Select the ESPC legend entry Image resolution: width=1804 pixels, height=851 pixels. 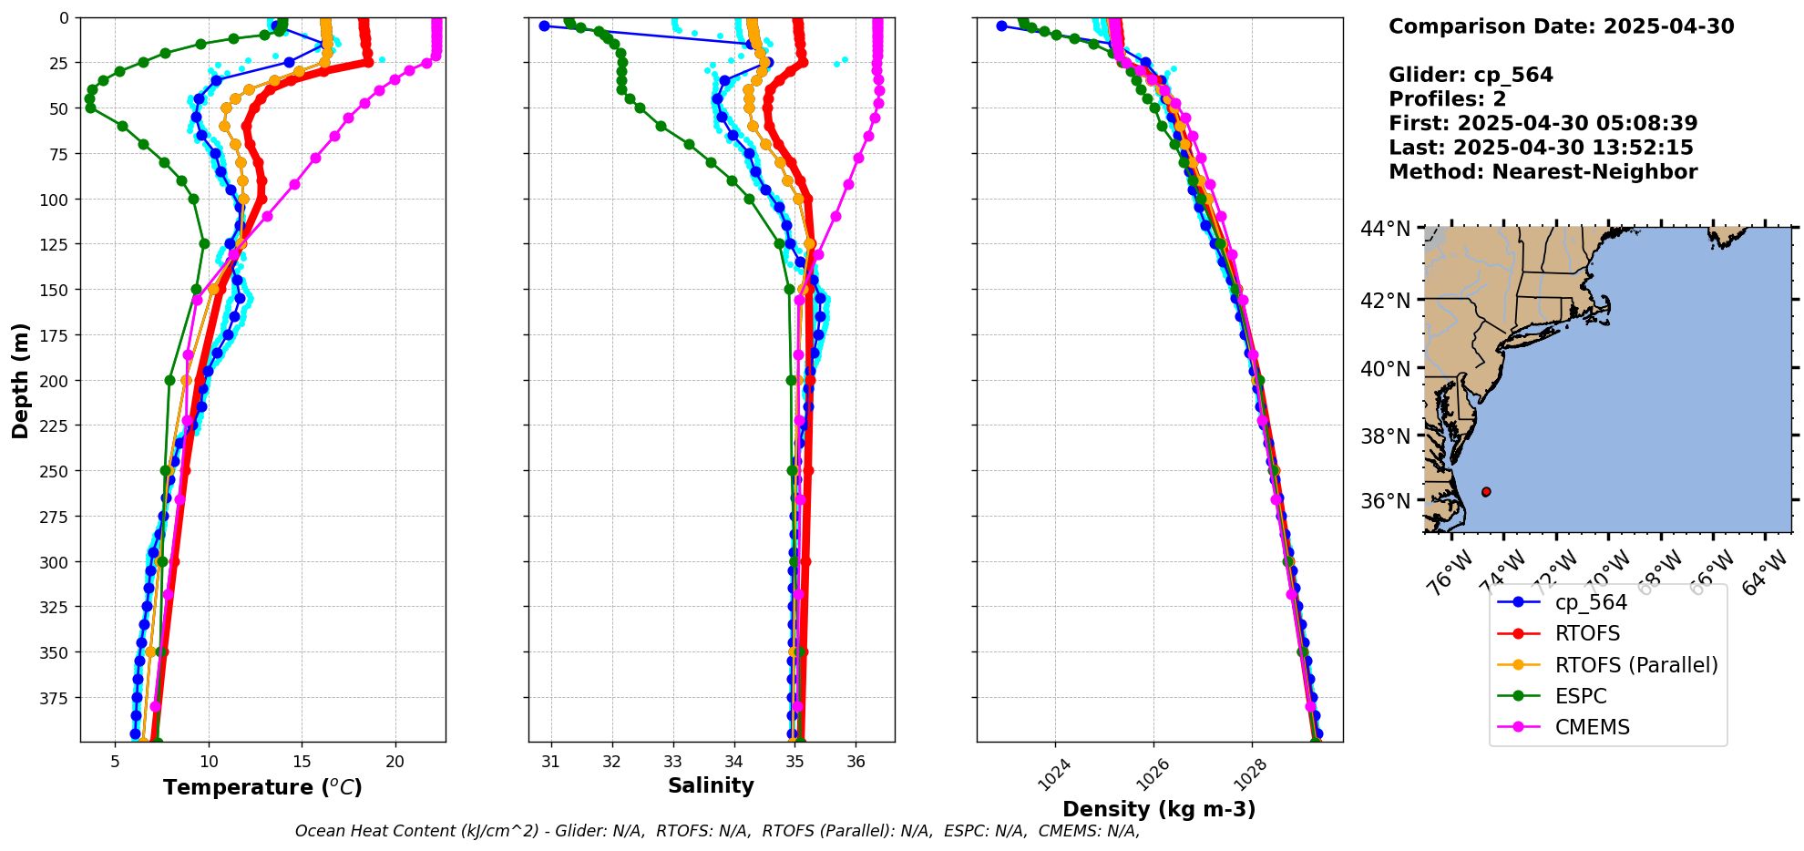[1581, 696]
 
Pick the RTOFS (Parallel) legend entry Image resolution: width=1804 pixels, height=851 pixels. [1635, 665]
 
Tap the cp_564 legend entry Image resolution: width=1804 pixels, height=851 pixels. [1590, 603]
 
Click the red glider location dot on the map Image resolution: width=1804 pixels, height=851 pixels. [1486, 492]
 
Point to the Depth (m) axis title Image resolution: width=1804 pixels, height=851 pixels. [20, 380]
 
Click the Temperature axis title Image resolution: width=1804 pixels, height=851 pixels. [262, 787]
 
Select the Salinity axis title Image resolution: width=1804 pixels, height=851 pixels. [711, 785]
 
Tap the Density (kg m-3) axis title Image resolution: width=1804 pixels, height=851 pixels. [1159, 809]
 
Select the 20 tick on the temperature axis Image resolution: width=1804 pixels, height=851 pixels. [395, 762]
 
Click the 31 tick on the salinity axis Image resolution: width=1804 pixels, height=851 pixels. [550, 762]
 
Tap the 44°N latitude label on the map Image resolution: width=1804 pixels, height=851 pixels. [1385, 229]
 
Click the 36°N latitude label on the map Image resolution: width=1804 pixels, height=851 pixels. [1385, 501]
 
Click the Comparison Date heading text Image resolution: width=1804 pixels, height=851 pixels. [1561, 26]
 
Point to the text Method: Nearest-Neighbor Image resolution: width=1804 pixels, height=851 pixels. [1543, 172]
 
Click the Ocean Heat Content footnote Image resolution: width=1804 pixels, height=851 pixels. [717, 831]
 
